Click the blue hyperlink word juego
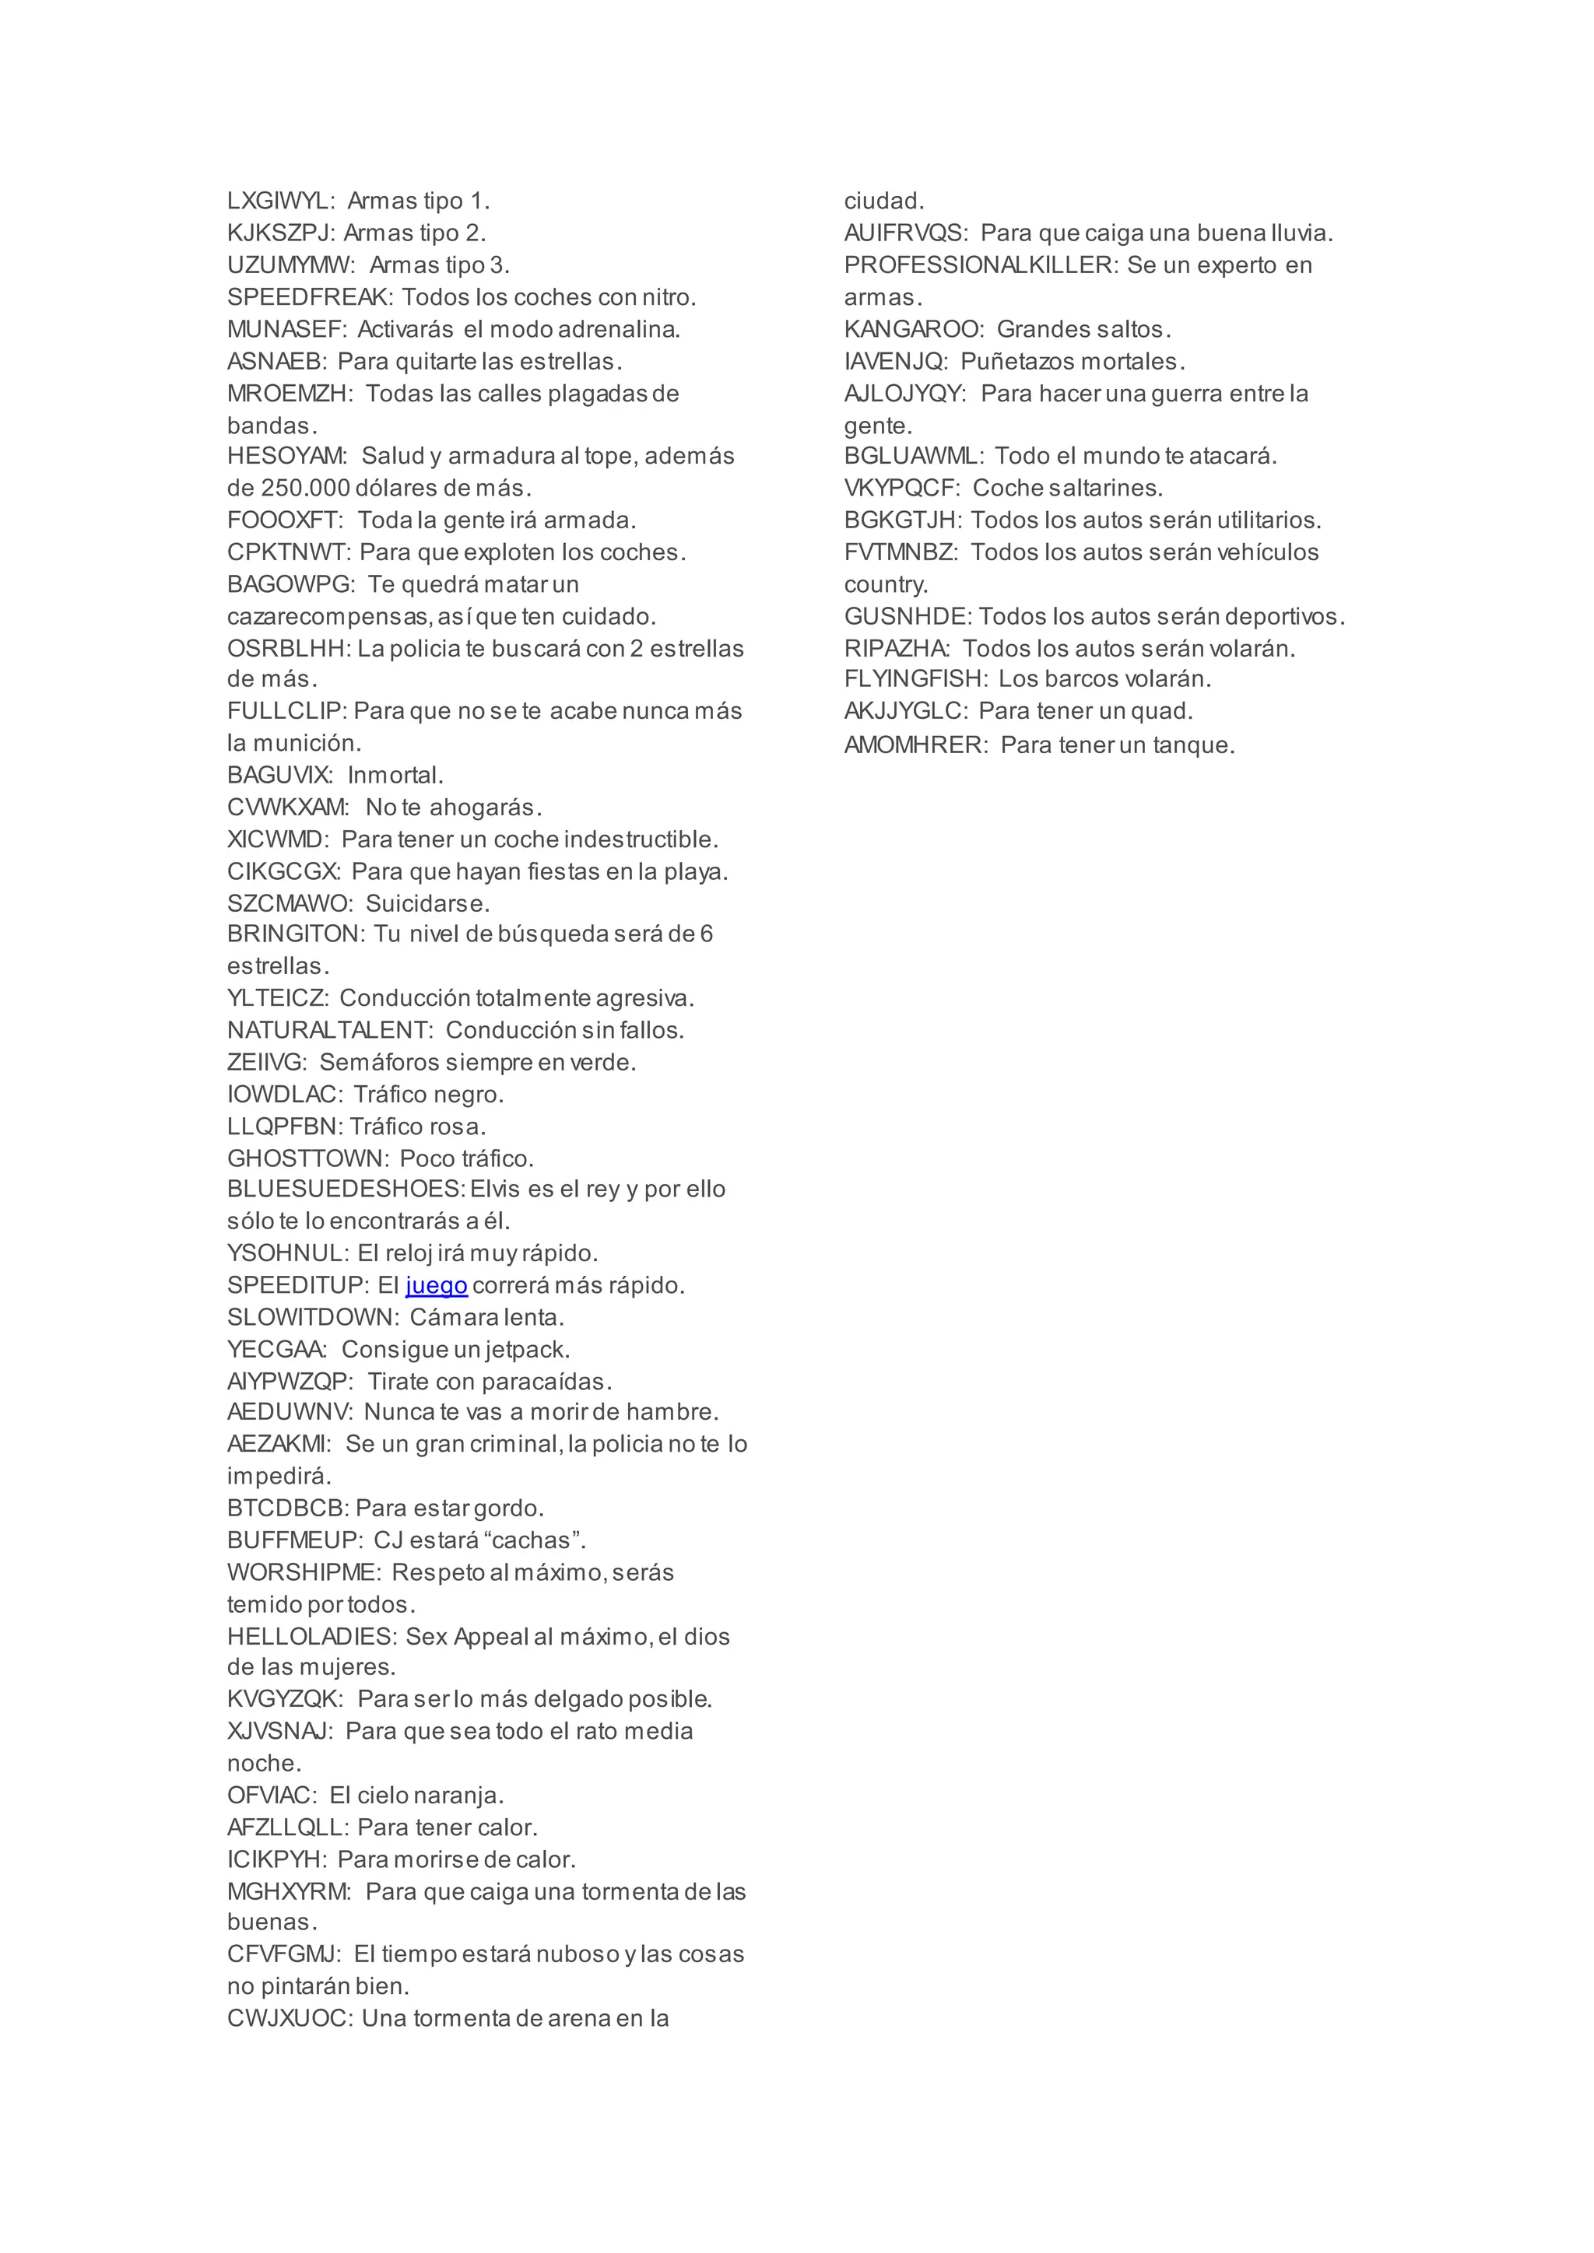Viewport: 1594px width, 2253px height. click(436, 1285)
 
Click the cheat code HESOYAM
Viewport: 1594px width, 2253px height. click(286, 457)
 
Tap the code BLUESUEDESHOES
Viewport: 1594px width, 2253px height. click(345, 1190)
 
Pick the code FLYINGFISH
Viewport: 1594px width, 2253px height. click(914, 679)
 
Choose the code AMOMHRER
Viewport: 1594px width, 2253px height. click(914, 746)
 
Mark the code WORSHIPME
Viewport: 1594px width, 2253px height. click(302, 1573)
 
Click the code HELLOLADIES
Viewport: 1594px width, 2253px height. click(311, 1637)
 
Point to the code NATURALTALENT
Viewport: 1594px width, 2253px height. click(328, 1030)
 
